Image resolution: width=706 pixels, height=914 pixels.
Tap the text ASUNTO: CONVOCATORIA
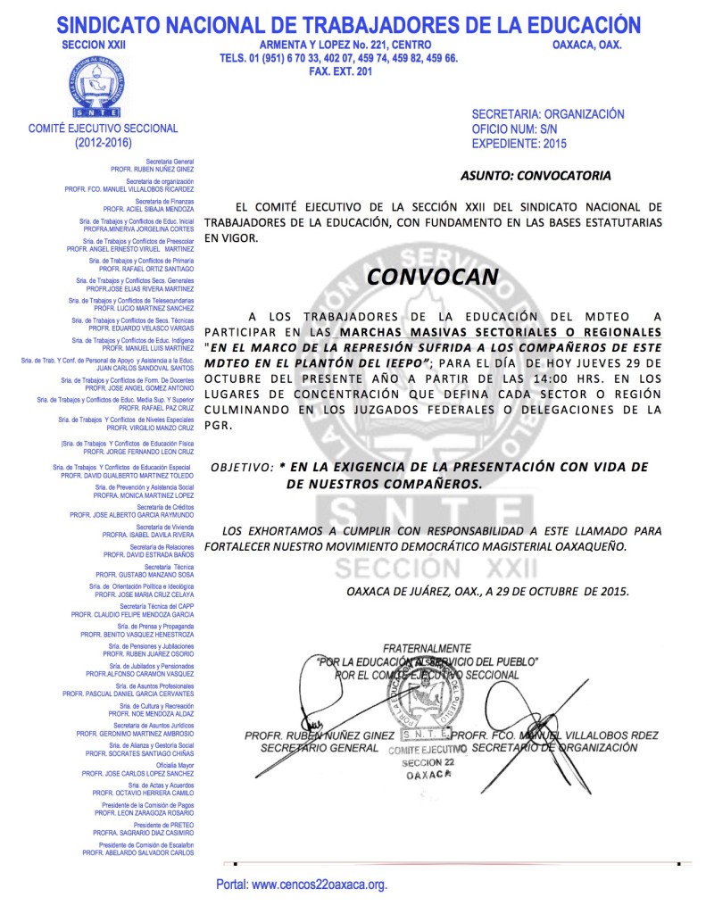pyautogui.click(x=536, y=175)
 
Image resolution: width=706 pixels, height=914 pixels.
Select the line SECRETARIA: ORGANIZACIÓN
pyautogui.click(x=547, y=114)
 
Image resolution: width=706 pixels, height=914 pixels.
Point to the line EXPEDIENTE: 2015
pyautogui.click(x=519, y=143)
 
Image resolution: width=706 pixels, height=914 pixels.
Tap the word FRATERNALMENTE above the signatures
pyautogui.click(x=427, y=647)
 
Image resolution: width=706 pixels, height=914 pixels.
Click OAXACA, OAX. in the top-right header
pyautogui.click(x=587, y=45)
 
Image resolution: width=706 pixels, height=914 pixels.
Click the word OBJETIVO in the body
pyautogui.click(x=239, y=467)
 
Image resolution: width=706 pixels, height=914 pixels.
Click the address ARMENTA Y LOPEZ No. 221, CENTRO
pyautogui.click(x=345, y=45)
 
